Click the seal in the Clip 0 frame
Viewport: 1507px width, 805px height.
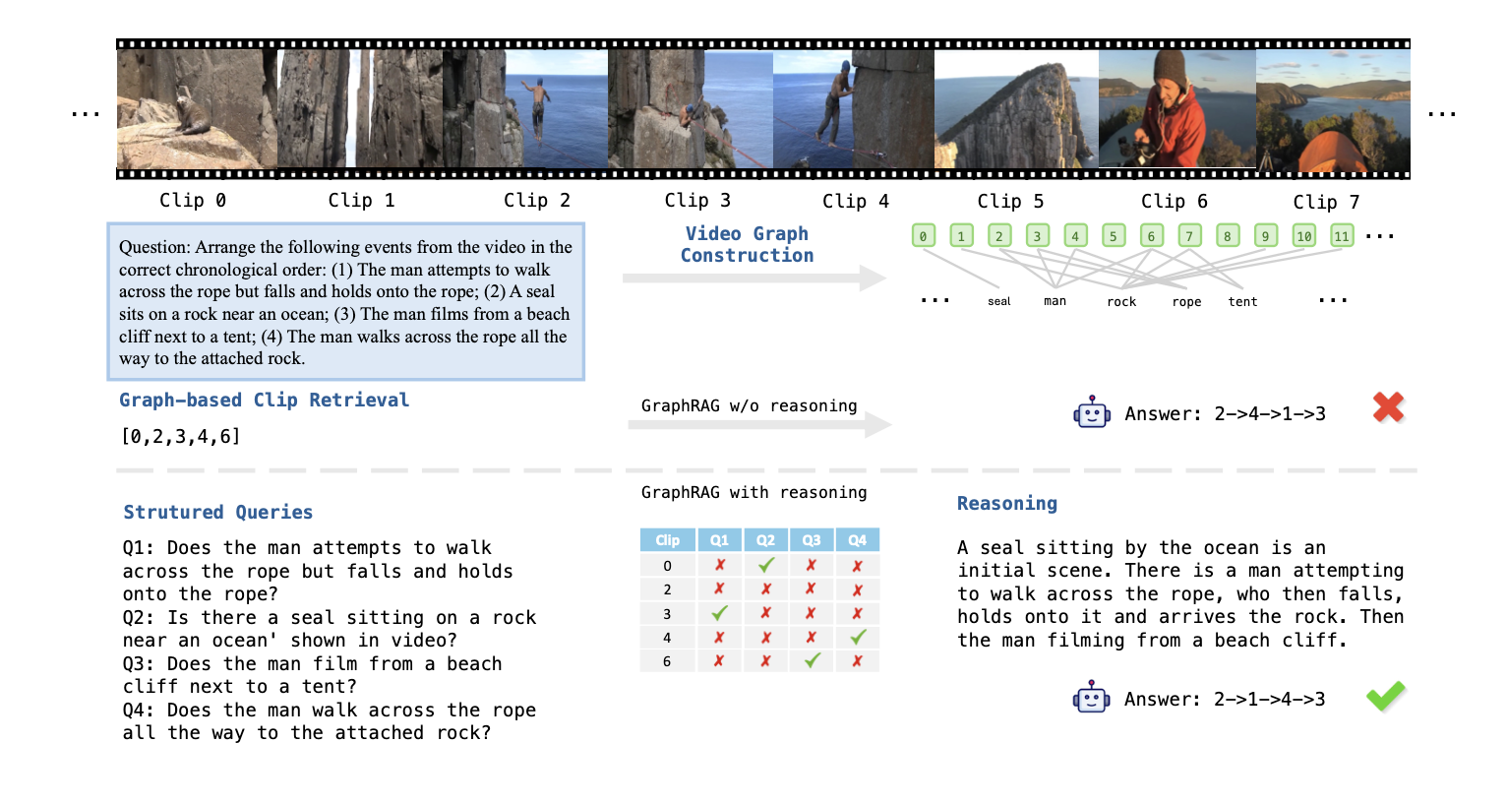[190, 111]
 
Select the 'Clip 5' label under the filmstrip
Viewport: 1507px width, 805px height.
[1010, 202]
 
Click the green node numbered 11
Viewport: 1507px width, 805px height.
[1342, 236]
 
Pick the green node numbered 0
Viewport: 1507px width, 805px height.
[923, 236]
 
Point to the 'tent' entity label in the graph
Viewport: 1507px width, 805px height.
[1242, 302]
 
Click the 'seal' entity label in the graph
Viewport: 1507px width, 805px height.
[998, 302]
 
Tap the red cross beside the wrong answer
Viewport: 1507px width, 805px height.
[1388, 407]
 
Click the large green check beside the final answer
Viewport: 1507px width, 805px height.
[1386, 697]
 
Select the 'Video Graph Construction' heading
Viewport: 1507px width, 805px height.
[748, 245]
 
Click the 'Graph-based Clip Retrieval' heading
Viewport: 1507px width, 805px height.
[264, 401]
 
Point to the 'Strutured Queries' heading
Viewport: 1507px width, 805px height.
[217, 513]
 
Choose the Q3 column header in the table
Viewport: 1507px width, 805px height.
[812, 540]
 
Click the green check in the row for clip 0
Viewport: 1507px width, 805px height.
[766, 565]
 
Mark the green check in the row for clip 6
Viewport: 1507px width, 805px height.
[812, 660]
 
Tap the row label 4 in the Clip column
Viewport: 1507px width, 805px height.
[667, 637]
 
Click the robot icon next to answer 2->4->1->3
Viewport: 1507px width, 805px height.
[1092, 413]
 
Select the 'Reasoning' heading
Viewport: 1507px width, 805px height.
[1007, 504]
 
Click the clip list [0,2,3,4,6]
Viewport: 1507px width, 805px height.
[180, 437]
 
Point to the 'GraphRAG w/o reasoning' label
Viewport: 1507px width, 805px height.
[749, 406]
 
